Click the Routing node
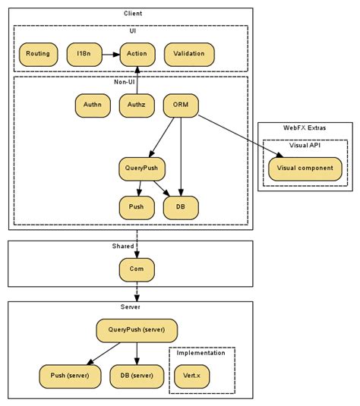tap(38, 54)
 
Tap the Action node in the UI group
tap(137, 54)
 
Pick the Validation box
tap(189, 54)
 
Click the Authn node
tap(93, 105)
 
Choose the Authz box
tap(137, 105)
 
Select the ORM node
tap(181, 105)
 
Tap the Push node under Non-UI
tap(137, 206)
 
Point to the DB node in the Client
tap(181, 206)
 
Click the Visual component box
tap(305, 168)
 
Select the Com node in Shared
tap(137, 268)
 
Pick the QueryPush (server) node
tap(137, 330)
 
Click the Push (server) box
tap(70, 376)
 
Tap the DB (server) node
tap(137, 376)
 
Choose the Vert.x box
tap(191, 376)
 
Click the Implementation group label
tap(201, 353)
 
